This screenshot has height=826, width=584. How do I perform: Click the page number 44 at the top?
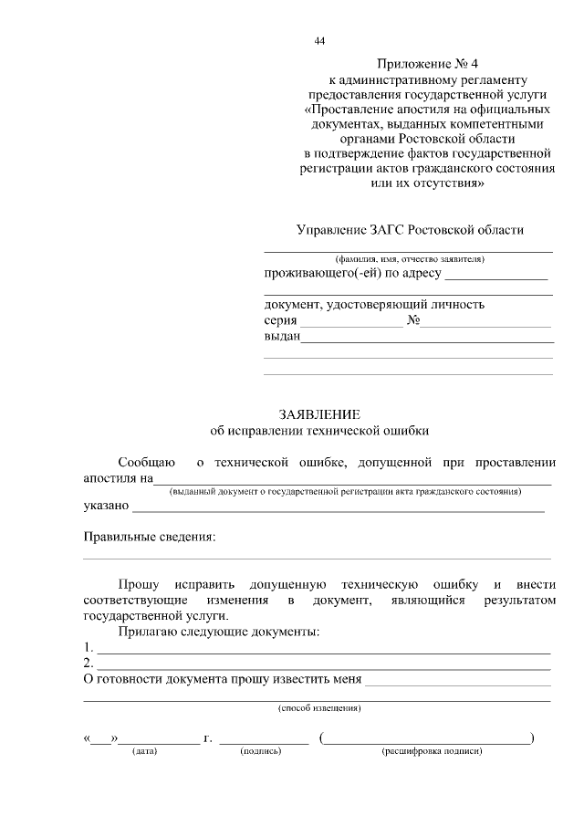pyautogui.click(x=318, y=41)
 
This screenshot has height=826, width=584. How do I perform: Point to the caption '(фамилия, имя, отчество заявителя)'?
pyautogui.click(x=408, y=259)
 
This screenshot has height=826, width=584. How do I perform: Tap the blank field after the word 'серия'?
pyautogui.click(x=351, y=321)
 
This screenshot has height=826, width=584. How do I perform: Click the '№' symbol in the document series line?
pyautogui.click(x=412, y=320)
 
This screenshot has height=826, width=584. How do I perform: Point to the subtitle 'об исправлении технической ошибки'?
pyautogui.click(x=318, y=429)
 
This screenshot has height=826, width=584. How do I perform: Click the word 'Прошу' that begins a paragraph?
pyautogui.click(x=139, y=584)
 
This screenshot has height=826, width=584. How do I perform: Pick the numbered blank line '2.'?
pyautogui.click(x=324, y=664)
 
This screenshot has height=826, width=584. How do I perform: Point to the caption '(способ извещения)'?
pyautogui.click(x=318, y=707)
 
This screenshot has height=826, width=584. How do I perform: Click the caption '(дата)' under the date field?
pyautogui.click(x=145, y=751)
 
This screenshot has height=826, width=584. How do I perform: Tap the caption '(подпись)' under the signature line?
pyautogui.click(x=261, y=751)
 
